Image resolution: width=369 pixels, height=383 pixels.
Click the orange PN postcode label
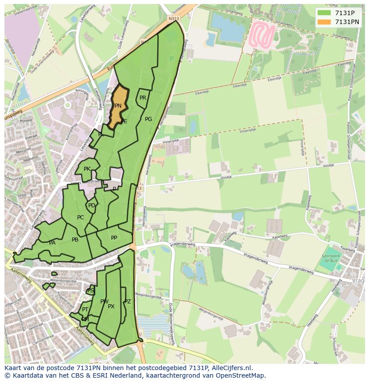coord(118,106)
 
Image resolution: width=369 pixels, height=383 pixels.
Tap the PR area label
coord(143,98)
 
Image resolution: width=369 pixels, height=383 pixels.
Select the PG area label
coord(148,119)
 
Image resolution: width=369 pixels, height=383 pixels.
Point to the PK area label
coord(87,169)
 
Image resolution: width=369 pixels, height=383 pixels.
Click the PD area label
coord(91,206)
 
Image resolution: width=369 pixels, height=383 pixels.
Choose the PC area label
coord(80,218)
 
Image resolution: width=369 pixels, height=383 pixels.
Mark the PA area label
coord(52,243)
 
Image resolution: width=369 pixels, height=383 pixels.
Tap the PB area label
coord(75,240)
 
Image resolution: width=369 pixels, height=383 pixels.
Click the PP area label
coord(114,238)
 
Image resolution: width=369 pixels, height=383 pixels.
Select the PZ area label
coord(128,302)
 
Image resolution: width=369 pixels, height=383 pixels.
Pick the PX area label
coord(111,306)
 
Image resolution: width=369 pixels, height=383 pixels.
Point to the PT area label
coord(85,310)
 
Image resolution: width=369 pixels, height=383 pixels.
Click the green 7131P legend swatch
coord(324,13)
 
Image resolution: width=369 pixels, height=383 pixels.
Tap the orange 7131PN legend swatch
coord(324,21)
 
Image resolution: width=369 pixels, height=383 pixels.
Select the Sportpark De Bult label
coord(331,258)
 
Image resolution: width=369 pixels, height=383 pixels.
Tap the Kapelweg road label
coord(280,237)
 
